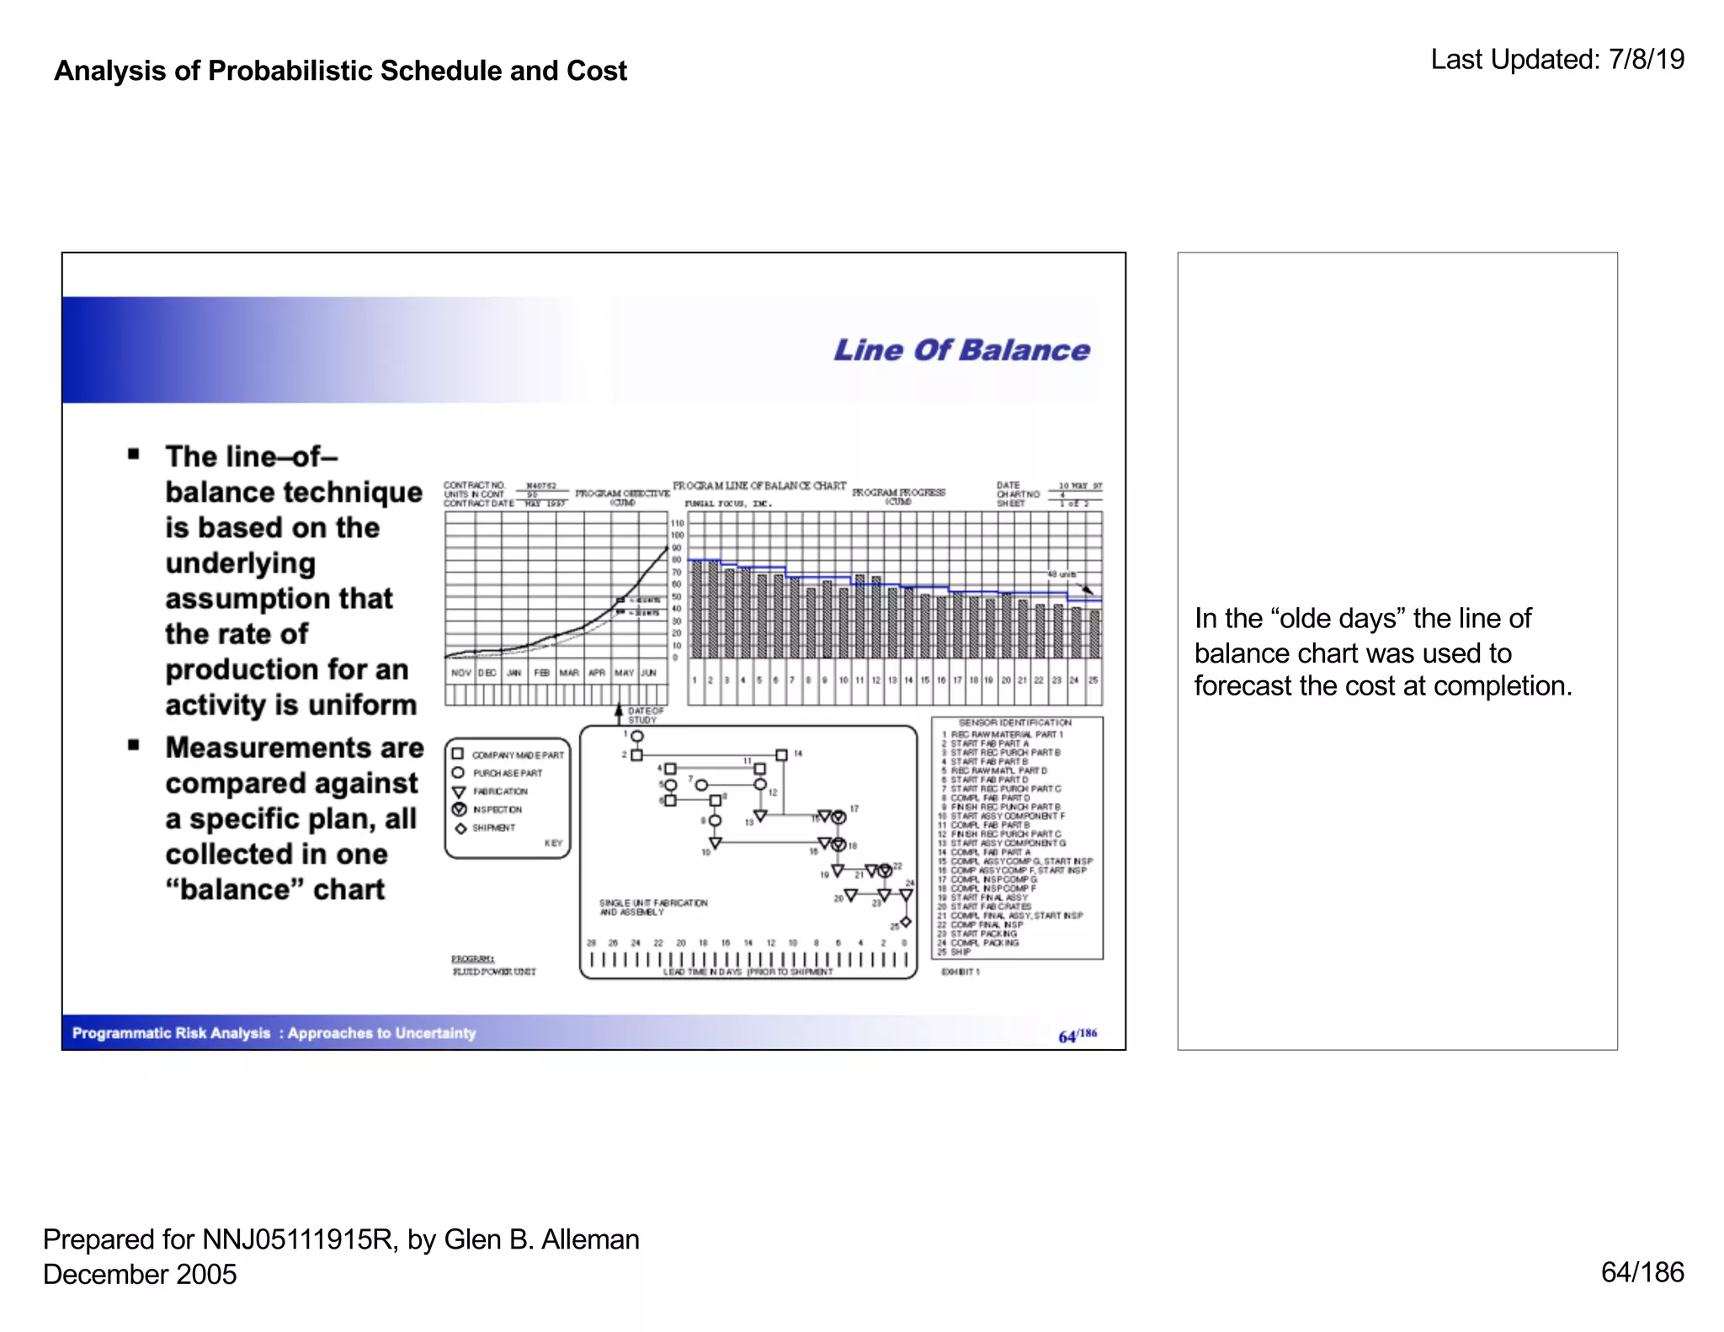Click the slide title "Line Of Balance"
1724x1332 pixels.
tap(960, 350)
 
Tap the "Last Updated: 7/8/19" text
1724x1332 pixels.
tap(1556, 60)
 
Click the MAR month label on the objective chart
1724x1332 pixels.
tap(569, 673)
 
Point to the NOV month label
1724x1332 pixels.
tap(460, 673)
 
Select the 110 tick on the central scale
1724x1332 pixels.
tap(678, 523)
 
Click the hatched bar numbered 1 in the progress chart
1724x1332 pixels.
tap(696, 609)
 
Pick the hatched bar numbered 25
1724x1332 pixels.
tap(1094, 634)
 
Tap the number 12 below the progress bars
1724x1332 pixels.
tap(875, 679)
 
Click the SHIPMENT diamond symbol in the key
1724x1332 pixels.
tap(460, 829)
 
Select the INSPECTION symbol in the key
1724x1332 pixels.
tap(460, 809)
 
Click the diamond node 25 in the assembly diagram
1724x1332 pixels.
tap(906, 922)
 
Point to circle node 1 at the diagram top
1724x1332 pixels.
tap(637, 737)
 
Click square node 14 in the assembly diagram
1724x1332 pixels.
tap(781, 755)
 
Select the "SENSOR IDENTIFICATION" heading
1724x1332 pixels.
tap(1014, 722)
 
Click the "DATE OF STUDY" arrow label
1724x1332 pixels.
tap(645, 716)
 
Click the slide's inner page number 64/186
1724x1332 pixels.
tap(1077, 1036)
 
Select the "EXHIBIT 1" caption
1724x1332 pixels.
tap(960, 972)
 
